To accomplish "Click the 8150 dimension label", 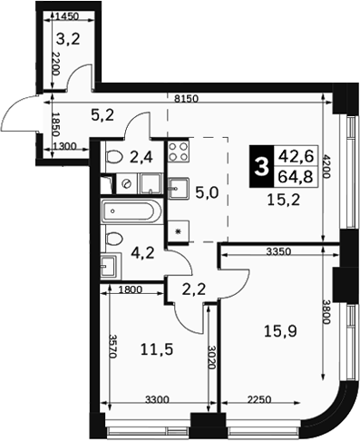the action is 186,98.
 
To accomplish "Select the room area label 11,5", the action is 157,349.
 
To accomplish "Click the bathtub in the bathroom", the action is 131,211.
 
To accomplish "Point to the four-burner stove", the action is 179,152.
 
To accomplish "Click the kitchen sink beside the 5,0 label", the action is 179,188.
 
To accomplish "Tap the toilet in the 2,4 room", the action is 114,157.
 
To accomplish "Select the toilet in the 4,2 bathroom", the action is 114,239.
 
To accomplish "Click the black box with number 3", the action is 261,166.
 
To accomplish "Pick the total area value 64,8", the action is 296,176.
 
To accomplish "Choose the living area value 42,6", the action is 296,156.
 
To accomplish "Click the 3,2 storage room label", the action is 68,39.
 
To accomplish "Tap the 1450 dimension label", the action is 68,16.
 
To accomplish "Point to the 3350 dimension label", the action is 278,251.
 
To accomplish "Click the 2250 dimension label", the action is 259,400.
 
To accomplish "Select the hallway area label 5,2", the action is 102,115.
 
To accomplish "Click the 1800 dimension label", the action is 131,289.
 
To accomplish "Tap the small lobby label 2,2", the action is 194,289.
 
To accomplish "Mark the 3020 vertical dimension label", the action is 212,358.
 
